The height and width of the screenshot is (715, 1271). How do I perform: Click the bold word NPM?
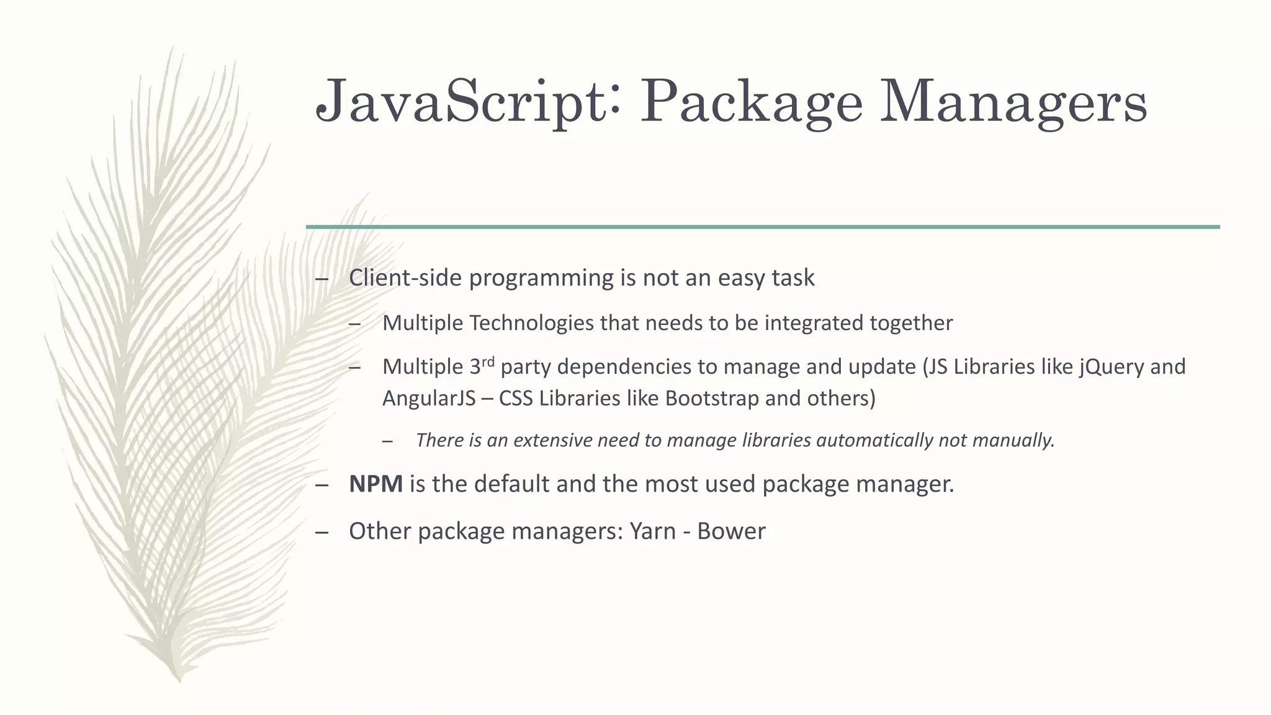[375, 484]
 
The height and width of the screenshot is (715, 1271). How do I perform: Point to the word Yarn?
[652, 531]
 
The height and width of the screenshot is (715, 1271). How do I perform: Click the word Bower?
[731, 531]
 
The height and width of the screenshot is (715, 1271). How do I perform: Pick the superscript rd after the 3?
[488, 361]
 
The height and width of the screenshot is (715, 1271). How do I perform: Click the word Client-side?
[405, 278]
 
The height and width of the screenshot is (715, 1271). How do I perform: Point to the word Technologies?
[532, 323]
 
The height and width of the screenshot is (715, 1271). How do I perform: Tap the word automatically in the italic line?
[874, 440]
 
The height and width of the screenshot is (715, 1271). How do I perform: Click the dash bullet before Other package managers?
[321, 532]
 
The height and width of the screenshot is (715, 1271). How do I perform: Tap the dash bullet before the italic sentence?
[388, 441]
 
